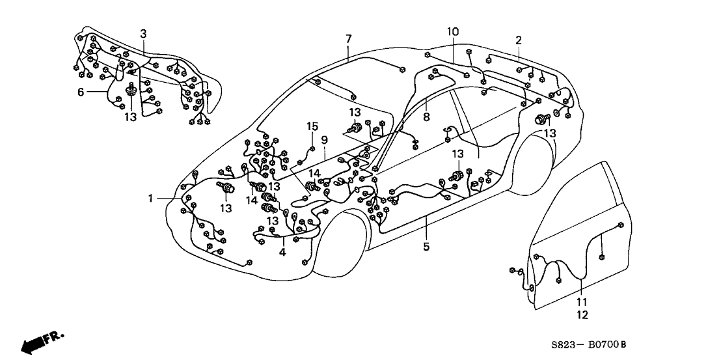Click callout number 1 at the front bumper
click(152, 199)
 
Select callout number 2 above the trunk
click(519, 40)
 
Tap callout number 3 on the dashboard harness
click(143, 33)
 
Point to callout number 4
click(283, 251)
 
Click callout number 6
click(81, 92)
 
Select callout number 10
click(453, 31)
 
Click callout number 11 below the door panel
click(582, 302)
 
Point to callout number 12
click(582, 315)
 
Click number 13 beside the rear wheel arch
click(551, 133)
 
